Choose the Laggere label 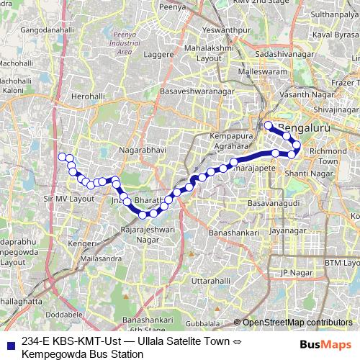point(158,53)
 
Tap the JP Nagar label point(294,272)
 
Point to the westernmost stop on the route point(62,157)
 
